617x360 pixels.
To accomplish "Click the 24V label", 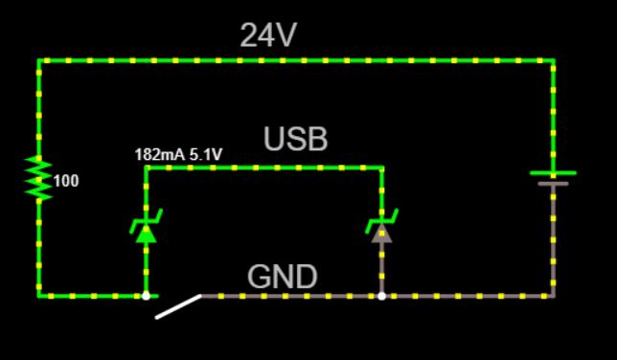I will point(268,35).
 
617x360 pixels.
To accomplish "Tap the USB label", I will point(296,140).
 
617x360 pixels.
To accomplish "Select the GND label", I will point(282,277).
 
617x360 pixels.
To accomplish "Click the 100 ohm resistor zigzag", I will point(38,178).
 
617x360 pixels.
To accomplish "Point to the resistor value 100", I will point(66,180).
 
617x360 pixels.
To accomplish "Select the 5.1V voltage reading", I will point(206,153).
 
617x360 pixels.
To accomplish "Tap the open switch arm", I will point(179,305).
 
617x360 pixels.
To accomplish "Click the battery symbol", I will point(554,178).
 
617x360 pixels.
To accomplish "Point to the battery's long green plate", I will point(554,173).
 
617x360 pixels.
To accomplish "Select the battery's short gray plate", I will point(554,183).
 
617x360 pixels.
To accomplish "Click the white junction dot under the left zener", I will point(146,296).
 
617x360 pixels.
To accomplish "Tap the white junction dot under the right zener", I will point(382,296).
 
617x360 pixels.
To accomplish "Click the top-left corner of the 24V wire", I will point(38,60).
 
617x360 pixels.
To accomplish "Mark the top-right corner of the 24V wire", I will point(554,60).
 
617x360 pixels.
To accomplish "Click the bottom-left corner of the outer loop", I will point(38,296).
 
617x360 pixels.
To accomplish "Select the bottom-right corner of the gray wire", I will point(554,296).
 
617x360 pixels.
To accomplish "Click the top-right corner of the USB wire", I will point(382,168).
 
